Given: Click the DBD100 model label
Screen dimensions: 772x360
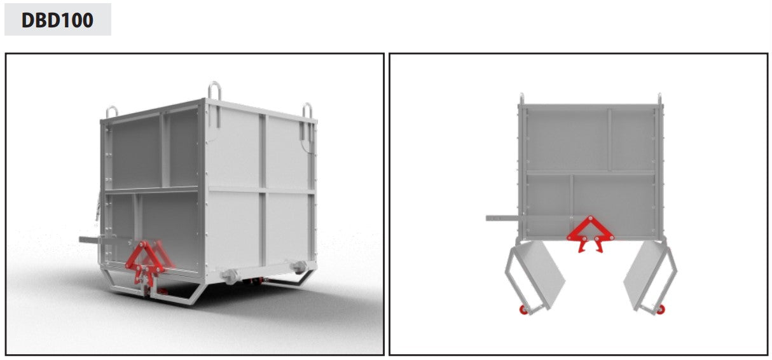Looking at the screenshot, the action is click(x=57, y=20).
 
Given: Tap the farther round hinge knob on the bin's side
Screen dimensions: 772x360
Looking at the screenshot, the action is click(x=299, y=267).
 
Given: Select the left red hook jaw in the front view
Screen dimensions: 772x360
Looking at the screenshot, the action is click(x=582, y=245).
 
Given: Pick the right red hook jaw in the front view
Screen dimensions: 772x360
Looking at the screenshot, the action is click(x=599, y=245).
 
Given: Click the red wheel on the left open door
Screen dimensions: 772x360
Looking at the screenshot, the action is click(x=523, y=310).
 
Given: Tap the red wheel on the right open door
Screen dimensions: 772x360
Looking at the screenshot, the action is click(x=660, y=309).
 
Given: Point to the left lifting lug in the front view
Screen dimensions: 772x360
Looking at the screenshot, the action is click(x=521, y=99).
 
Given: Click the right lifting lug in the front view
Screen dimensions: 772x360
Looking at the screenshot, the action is click(x=659, y=99).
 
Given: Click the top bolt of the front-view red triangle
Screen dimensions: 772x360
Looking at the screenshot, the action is click(x=590, y=218).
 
